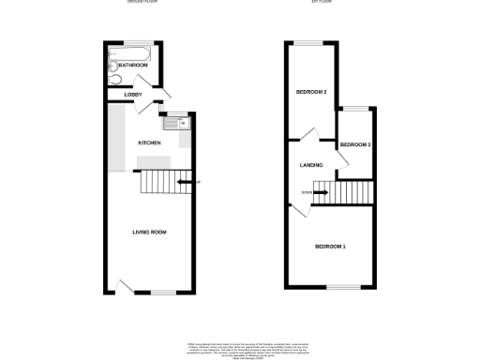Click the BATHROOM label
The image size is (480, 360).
(x=133, y=65)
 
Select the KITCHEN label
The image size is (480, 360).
(x=149, y=142)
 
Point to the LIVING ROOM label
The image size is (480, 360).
(x=148, y=232)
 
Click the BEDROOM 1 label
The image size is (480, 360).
(x=330, y=247)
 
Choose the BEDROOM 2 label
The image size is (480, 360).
(x=311, y=92)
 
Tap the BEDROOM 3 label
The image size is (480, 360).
(x=355, y=145)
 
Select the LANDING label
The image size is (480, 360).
(x=311, y=166)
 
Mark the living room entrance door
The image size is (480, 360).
(x=125, y=286)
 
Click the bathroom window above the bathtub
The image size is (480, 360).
(x=137, y=43)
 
